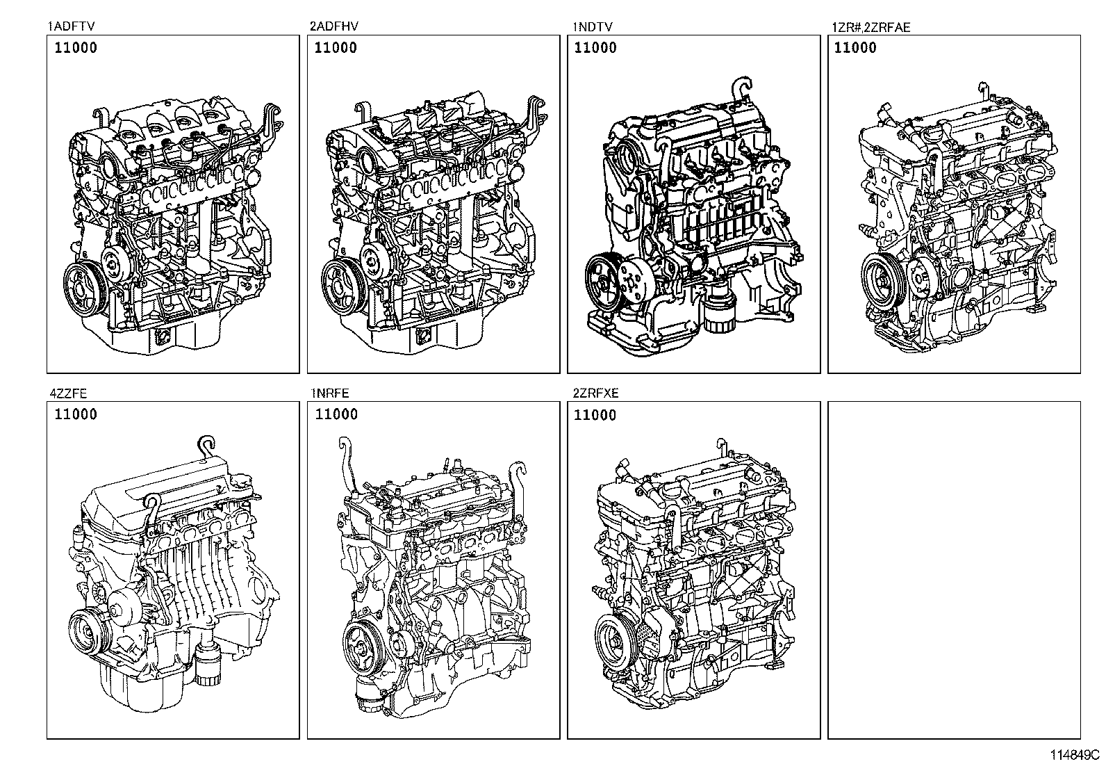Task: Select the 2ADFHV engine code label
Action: tap(334, 26)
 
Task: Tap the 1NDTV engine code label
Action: tap(592, 26)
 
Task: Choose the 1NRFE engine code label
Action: tap(330, 393)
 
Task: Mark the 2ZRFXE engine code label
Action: tap(595, 393)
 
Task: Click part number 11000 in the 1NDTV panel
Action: tap(595, 48)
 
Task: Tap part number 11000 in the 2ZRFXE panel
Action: tap(595, 415)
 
